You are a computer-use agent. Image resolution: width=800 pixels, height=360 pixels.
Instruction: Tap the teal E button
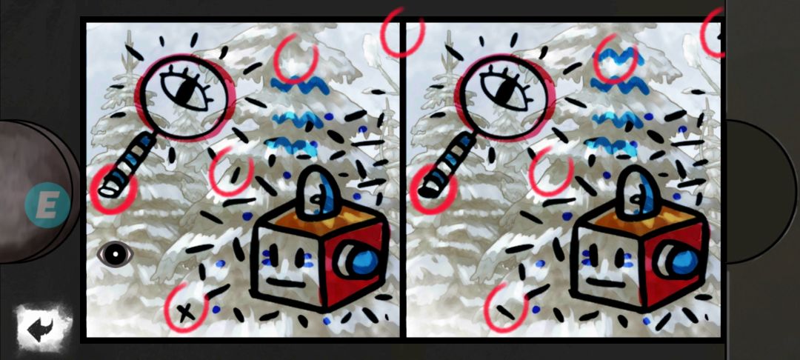(47, 204)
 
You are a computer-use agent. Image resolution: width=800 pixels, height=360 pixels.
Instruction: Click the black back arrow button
(44, 330)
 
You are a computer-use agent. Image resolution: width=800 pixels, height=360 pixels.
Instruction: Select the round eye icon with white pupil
(116, 254)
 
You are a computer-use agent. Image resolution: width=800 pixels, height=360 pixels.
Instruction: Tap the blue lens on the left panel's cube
(364, 259)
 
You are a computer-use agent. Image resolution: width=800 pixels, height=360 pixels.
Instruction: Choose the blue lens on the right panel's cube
(684, 259)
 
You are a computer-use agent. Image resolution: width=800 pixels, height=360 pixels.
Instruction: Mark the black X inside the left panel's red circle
(185, 311)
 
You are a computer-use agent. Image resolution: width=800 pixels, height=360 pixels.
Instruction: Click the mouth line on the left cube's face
(286, 283)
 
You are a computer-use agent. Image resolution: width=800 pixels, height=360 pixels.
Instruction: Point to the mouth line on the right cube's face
(606, 283)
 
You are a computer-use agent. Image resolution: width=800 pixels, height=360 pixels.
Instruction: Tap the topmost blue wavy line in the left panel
(300, 86)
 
